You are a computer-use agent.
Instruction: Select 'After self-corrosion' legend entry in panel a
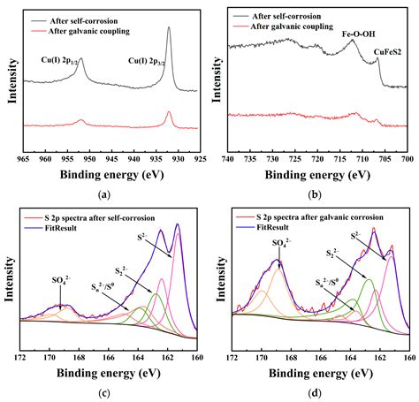[85, 15]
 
